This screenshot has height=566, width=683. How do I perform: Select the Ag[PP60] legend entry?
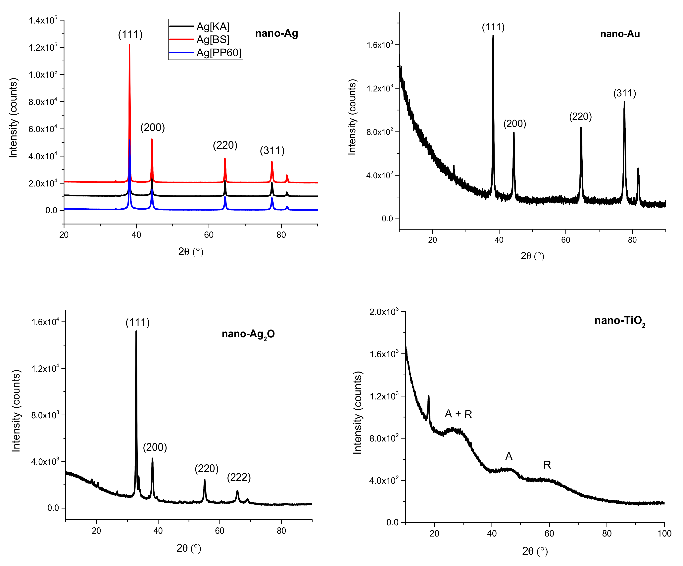(219, 53)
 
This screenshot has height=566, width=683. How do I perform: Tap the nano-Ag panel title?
(276, 33)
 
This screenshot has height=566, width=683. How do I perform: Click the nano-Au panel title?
(620, 34)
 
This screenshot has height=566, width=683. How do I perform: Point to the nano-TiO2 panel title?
(620, 321)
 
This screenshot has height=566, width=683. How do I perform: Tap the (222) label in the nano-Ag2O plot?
(239, 478)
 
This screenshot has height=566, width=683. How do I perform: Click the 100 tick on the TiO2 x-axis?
(664, 534)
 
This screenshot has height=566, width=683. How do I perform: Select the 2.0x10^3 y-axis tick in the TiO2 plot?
(384, 312)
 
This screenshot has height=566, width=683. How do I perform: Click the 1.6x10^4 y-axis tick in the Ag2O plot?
(45, 322)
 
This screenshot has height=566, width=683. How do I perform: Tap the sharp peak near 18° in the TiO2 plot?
(428, 396)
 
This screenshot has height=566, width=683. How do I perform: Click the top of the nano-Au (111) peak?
(493, 36)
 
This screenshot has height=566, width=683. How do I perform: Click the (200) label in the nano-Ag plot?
(153, 128)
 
